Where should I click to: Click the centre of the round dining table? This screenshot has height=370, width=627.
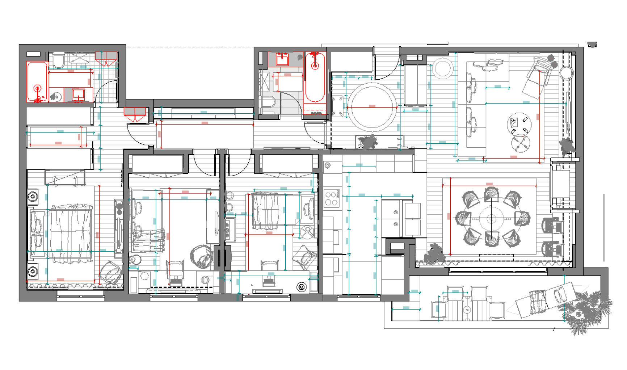[491, 219]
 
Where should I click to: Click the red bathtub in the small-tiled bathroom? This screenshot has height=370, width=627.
[37, 82]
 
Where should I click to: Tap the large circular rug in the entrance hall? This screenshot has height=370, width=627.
[373, 107]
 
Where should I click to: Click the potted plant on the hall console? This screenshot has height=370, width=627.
[368, 141]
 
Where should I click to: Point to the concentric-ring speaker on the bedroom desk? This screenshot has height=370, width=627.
[302, 287]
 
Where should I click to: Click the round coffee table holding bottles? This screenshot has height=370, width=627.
[519, 124]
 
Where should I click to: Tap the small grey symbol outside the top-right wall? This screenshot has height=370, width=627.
[592, 45]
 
